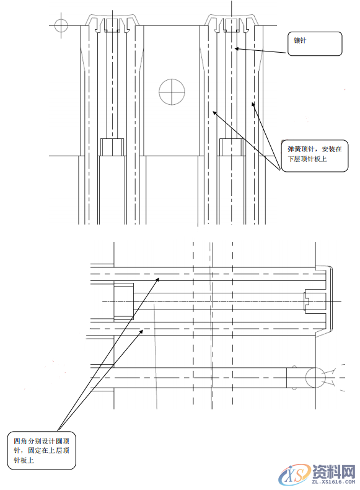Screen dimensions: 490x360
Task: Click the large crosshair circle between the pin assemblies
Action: tap(172, 92)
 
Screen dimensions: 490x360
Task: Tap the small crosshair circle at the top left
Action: tap(61, 25)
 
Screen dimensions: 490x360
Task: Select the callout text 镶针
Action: tap(301, 41)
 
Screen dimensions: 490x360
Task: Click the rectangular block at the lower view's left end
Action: tap(123, 301)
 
